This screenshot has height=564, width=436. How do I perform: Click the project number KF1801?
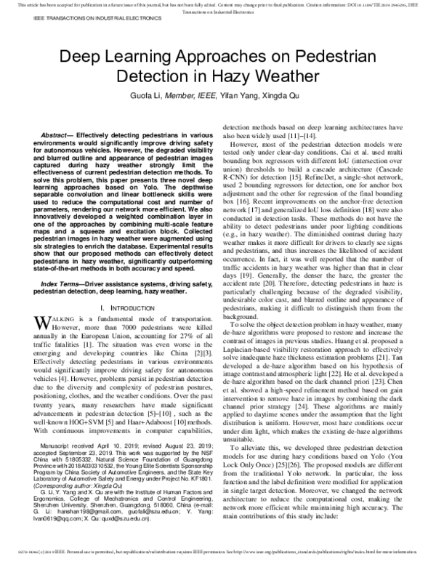(x=201, y=461)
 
